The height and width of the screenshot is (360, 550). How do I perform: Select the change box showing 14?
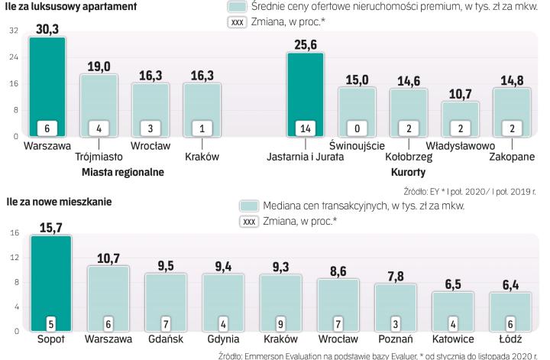305,128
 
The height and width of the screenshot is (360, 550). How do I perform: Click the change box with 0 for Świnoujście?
357,128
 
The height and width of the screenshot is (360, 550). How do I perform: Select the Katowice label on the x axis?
452,339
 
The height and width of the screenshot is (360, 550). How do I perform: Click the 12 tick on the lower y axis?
14,258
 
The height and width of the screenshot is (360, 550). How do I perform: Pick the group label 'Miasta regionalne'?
123,172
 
